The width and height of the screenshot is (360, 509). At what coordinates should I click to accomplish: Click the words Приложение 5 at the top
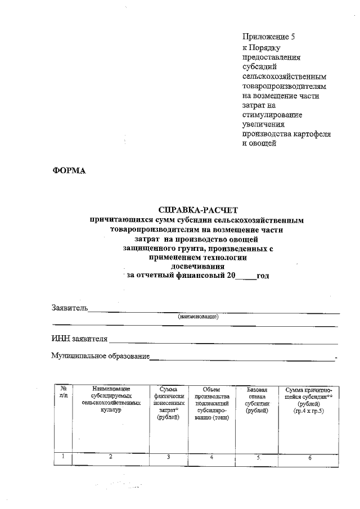point(268,37)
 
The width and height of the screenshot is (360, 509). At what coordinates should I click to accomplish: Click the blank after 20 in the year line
point(245,276)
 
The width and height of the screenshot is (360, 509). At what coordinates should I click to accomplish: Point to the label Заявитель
point(69,308)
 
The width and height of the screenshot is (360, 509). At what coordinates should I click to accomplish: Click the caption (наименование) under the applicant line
point(197,317)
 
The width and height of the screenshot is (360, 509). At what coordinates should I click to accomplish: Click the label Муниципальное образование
point(100,356)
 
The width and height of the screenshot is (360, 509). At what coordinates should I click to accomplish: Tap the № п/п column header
point(63,393)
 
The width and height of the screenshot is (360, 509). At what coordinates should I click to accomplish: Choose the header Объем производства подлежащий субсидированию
point(211,407)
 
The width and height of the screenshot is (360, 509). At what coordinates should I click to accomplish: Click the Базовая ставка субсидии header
point(258,400)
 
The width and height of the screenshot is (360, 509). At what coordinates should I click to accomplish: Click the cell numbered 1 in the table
point(63,457)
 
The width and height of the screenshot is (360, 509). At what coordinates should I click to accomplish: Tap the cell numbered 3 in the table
point(168,457)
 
